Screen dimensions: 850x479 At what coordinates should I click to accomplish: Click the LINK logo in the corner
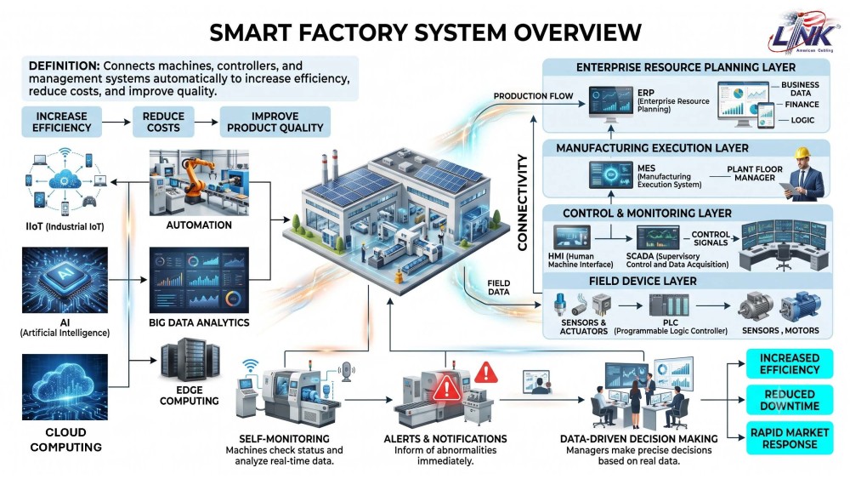[x=803, y=33]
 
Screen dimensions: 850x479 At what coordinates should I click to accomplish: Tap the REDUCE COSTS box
[x=163, y=122]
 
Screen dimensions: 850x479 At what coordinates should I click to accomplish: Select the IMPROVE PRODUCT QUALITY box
[x=275, y=122]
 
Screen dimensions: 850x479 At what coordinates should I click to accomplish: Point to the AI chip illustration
[x=65, y=280]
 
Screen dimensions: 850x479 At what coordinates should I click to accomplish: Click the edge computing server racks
[x=190, y=359]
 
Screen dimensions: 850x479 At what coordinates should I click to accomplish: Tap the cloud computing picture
[x=65, y=387]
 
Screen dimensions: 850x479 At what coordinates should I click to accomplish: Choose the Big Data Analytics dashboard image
[x=199, y=280]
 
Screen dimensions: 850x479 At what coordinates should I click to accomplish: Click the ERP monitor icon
[x=611, y=102]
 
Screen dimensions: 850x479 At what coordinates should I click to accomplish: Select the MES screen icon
[x=611, y=174]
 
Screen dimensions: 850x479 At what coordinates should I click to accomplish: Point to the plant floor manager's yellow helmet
[x=802, y=152]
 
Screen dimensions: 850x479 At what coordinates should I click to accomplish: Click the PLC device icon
[x=670, y=305]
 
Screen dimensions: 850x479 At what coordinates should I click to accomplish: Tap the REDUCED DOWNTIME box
[x=790, y=401]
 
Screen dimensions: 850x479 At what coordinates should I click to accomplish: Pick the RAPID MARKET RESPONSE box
[x=790, y=438]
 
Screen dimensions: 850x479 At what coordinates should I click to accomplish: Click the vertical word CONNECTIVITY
[x=522, y=202]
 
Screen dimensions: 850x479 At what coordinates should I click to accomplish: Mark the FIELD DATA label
[x=498, y=288]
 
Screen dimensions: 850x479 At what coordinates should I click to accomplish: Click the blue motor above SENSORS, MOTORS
[x=800, y=307]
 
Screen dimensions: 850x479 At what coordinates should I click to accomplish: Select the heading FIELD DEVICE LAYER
[x=643, y=281]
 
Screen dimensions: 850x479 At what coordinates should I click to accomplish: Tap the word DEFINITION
[x=64, y=66]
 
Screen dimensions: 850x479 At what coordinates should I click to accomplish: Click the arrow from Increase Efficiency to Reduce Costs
[x=116, y=122]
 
